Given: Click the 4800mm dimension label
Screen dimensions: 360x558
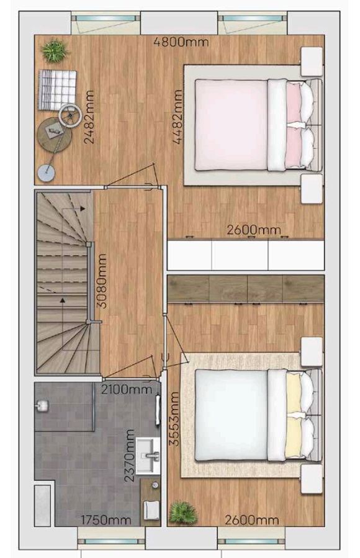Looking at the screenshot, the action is pos(181,42).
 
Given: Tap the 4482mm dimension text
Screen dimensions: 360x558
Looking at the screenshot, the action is pos(178,117).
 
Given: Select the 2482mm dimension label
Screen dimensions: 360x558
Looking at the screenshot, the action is pos(89,117).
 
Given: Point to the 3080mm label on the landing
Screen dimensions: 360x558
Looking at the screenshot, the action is pos(102,281).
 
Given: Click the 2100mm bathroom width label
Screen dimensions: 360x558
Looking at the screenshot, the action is pos(127,389).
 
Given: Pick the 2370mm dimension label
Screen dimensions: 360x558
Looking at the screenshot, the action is pos(130,456).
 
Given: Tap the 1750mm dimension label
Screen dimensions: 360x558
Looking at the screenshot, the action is pos(106,520).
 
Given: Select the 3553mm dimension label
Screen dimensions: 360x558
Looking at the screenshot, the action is pos(174,419).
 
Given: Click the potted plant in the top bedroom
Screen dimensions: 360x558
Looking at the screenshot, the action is pos(55,52).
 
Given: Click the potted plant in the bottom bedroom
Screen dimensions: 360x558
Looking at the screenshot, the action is pos(183,512).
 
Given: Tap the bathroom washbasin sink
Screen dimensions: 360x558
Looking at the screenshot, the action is pos(148,456).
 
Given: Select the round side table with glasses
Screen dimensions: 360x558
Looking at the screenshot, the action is pos(55,135).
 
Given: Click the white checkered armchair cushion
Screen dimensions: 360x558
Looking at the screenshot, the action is pos(57,89).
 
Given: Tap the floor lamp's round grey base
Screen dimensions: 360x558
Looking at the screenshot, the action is pos(47,173).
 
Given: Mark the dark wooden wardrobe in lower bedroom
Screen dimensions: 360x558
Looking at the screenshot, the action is pos(246,289).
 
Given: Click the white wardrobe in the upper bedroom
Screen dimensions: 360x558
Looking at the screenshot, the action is pos(246,256).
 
